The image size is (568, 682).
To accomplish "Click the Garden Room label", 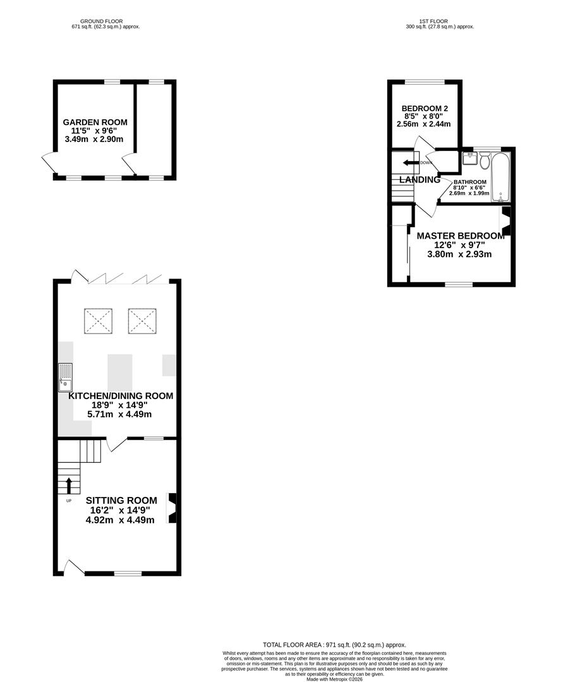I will (x=95, y=122).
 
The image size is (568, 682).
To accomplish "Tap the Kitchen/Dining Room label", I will (x=121, y=396).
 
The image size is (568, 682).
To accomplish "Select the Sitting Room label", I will (x=121, y=500).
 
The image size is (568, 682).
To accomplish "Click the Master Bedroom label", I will (x=460, y=236).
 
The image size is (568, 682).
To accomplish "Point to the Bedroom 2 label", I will (x=425, y=108).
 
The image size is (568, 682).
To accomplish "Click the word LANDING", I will (x=420, y=180).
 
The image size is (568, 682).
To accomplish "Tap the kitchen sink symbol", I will (x=65, y=377).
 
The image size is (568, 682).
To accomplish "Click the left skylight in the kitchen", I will (x=98, y=321).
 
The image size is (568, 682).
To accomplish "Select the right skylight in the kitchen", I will (x=142, y=321).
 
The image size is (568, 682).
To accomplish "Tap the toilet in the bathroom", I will (x=484, y=161).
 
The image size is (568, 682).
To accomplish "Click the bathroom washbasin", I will (x=469, y=158).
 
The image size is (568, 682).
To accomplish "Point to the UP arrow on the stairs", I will (x=69, y=485).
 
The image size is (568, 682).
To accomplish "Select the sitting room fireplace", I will (x=171, y=508).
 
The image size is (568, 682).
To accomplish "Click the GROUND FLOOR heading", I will (x=106, y=21).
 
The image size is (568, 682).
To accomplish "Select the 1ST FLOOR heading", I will (x=439, y=21).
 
